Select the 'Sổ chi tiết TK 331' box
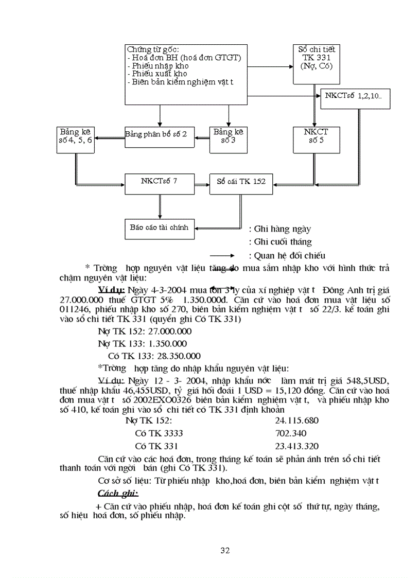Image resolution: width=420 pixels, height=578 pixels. [316, 64]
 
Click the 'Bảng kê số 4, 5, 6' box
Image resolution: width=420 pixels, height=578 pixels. [76, 139]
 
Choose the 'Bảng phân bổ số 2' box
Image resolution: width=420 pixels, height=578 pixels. [159, 137]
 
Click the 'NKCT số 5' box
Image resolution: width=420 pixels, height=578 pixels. [316, 139]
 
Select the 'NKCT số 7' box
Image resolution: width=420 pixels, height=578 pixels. [160, 183]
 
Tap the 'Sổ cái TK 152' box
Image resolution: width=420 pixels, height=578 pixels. [241, 183]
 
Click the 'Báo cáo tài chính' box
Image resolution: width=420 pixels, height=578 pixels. [160, 229]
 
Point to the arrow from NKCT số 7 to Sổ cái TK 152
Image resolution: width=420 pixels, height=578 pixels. [202, 182]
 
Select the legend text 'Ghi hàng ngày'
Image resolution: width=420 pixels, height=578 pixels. [279, 229]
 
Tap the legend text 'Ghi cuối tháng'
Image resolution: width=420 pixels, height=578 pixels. [280, 242]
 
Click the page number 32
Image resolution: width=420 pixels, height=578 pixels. [225, 551]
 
